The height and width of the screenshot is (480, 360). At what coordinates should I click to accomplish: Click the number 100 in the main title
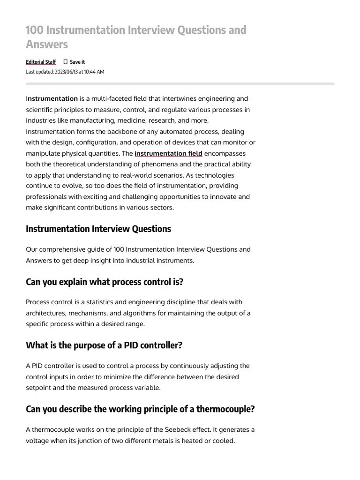click(x=34, y=30)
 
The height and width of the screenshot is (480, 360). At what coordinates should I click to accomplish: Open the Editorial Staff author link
click(x=41, y=62)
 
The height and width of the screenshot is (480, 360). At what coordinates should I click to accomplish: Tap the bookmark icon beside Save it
click(x=66, y=62)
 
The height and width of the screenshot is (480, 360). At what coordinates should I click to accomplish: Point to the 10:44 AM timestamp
click(x=94, y=72)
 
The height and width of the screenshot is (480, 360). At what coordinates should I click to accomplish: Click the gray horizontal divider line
click(x=180, y=83)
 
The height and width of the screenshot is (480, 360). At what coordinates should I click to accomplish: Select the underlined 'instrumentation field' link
click(x=168, y=153)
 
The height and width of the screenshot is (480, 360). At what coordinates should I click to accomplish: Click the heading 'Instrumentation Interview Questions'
click(x=98, y=229)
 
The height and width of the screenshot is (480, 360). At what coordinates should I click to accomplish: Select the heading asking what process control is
click(x=105, y=282)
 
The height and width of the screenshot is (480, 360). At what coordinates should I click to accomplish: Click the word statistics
click(x=110, y=302)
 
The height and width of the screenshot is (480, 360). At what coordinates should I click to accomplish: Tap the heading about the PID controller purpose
click(x=104, y=345)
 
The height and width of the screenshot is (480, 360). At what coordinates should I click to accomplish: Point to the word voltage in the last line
click(x=38, y=441)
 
